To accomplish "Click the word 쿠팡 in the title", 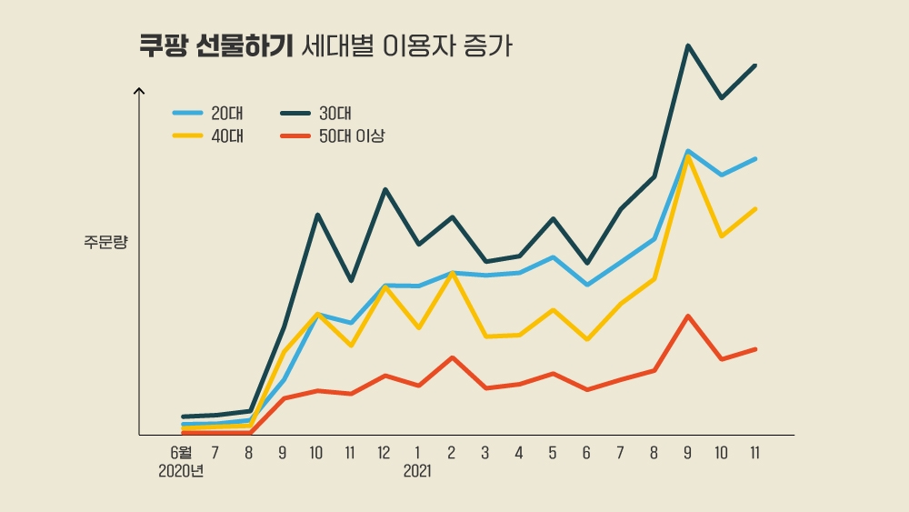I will pyautogui.click(x=162, y=47).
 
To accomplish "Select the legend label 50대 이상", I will pyautogui.click(x=352, y=136).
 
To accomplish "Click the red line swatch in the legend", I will pyautogui.click(x=295, y=136).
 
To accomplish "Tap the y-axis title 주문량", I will pyautogui.click(x=106, y=242).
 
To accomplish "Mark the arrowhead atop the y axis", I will pyautogui.click(x=139, y=90).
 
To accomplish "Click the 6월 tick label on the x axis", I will pyautogui.click(x=182, y=452).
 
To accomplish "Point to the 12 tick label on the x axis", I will pyautogui.click(x=384, y=452).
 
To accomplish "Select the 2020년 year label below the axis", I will pyautogui.click(x=181, y=472).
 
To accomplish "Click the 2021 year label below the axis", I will pyautogui.click(x=417, y=472).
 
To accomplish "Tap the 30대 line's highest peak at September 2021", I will pyautogui.click(x=688, y=45).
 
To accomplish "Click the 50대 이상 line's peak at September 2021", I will pyautogui.click(x=688, y=316).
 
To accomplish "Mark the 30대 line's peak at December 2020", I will pyautogui.click(x=385, y=189).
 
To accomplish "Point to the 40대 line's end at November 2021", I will pyautogui.click(x=755, y=209).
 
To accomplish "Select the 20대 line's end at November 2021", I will pyautogui.click(x=755, y=159).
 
